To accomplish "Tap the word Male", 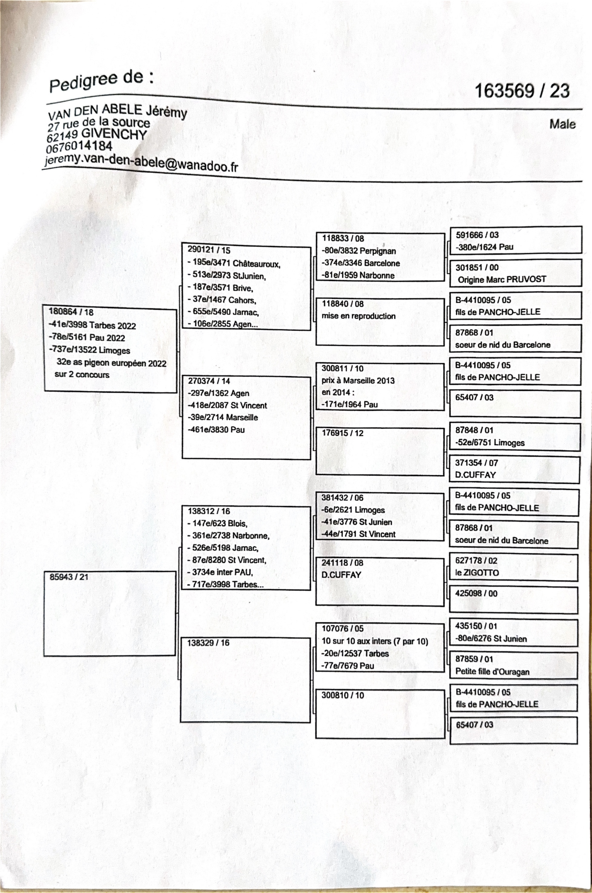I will [x=562, y=124].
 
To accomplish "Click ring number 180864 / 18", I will [x=71, y=312].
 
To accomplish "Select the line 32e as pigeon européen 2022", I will [x=111, y=363].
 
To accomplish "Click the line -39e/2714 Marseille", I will [x=223, y=418].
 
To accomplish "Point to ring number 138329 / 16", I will [x=208, y=643].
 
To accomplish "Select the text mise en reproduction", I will [x=358, y=316].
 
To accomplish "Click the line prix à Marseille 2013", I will [x=358, y=380].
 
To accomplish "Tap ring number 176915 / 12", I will [x=342, y=433].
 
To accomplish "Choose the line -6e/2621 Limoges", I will [x=353, y=510].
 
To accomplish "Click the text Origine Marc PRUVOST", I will [x=502, y=279].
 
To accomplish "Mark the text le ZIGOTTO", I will [x=477, y=573].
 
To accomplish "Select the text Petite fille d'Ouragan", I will [x=492, y=671].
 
